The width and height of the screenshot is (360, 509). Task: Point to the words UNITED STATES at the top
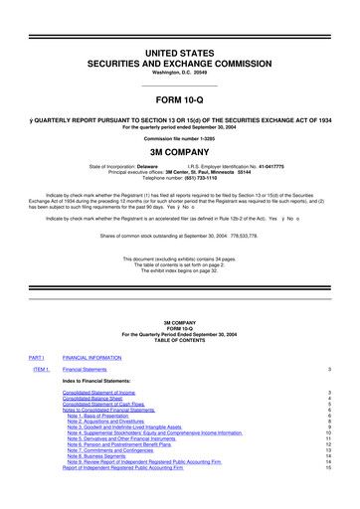coord(179,23)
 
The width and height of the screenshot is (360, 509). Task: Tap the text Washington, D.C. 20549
coord(179,45)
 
